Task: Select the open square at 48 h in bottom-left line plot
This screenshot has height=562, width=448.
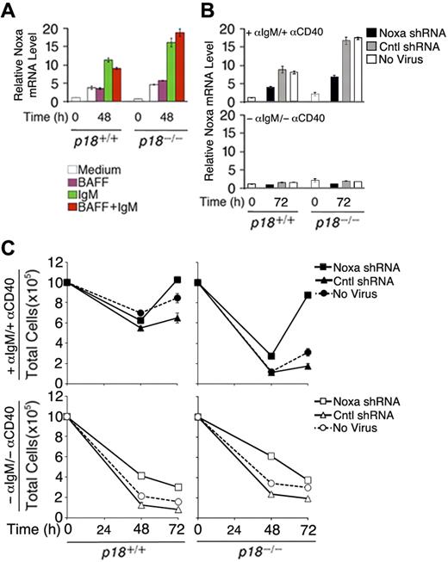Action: pyautogui.click(x=141, y=475)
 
